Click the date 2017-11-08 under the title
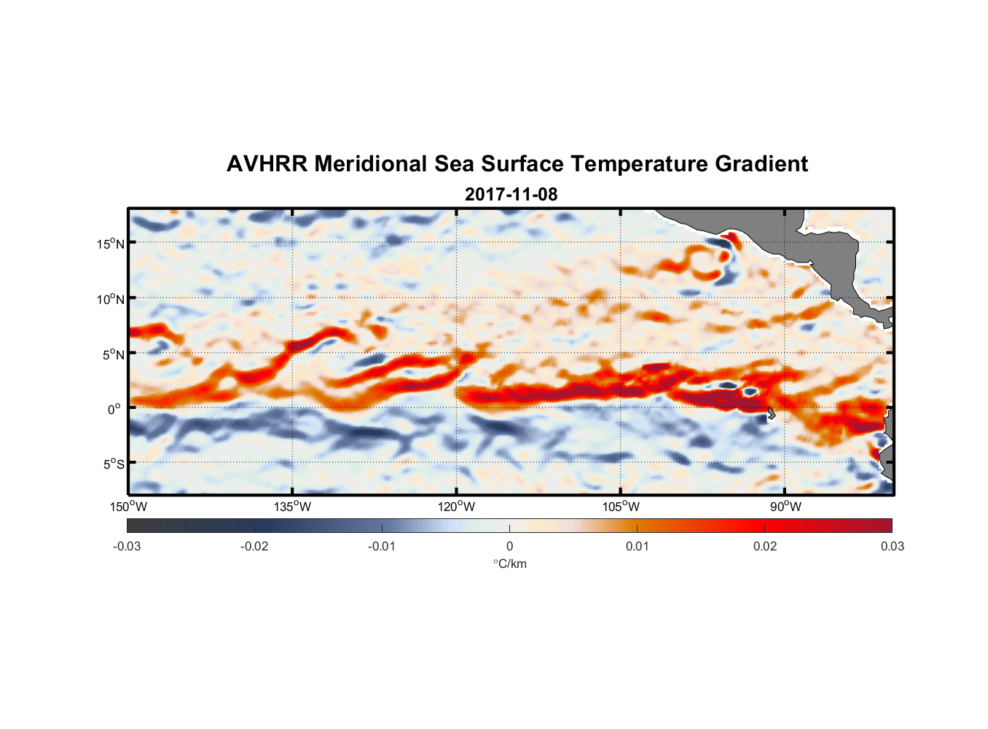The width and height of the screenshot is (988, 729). point(511,195)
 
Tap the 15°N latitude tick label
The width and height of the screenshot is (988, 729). point(111,243)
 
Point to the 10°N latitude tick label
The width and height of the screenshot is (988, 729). point(111,299)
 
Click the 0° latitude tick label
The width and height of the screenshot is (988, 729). point(114,409)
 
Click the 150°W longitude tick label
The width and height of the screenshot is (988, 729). point(128,507)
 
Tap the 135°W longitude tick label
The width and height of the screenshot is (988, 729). point(292,507)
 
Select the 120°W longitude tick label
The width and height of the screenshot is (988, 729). point(456,507)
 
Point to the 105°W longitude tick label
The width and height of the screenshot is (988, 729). point(621,507)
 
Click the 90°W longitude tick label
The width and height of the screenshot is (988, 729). point(785,507)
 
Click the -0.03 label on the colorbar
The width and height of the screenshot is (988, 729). point(127,547)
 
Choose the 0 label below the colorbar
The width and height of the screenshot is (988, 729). point(509,547)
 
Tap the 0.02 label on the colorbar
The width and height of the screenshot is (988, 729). point(765,547)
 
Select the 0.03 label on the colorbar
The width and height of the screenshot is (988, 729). point(892,547)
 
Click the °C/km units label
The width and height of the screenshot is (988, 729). point(509,564)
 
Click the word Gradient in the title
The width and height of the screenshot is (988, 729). point(761,164)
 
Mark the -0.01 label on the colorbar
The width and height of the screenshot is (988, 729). point(382,547)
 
